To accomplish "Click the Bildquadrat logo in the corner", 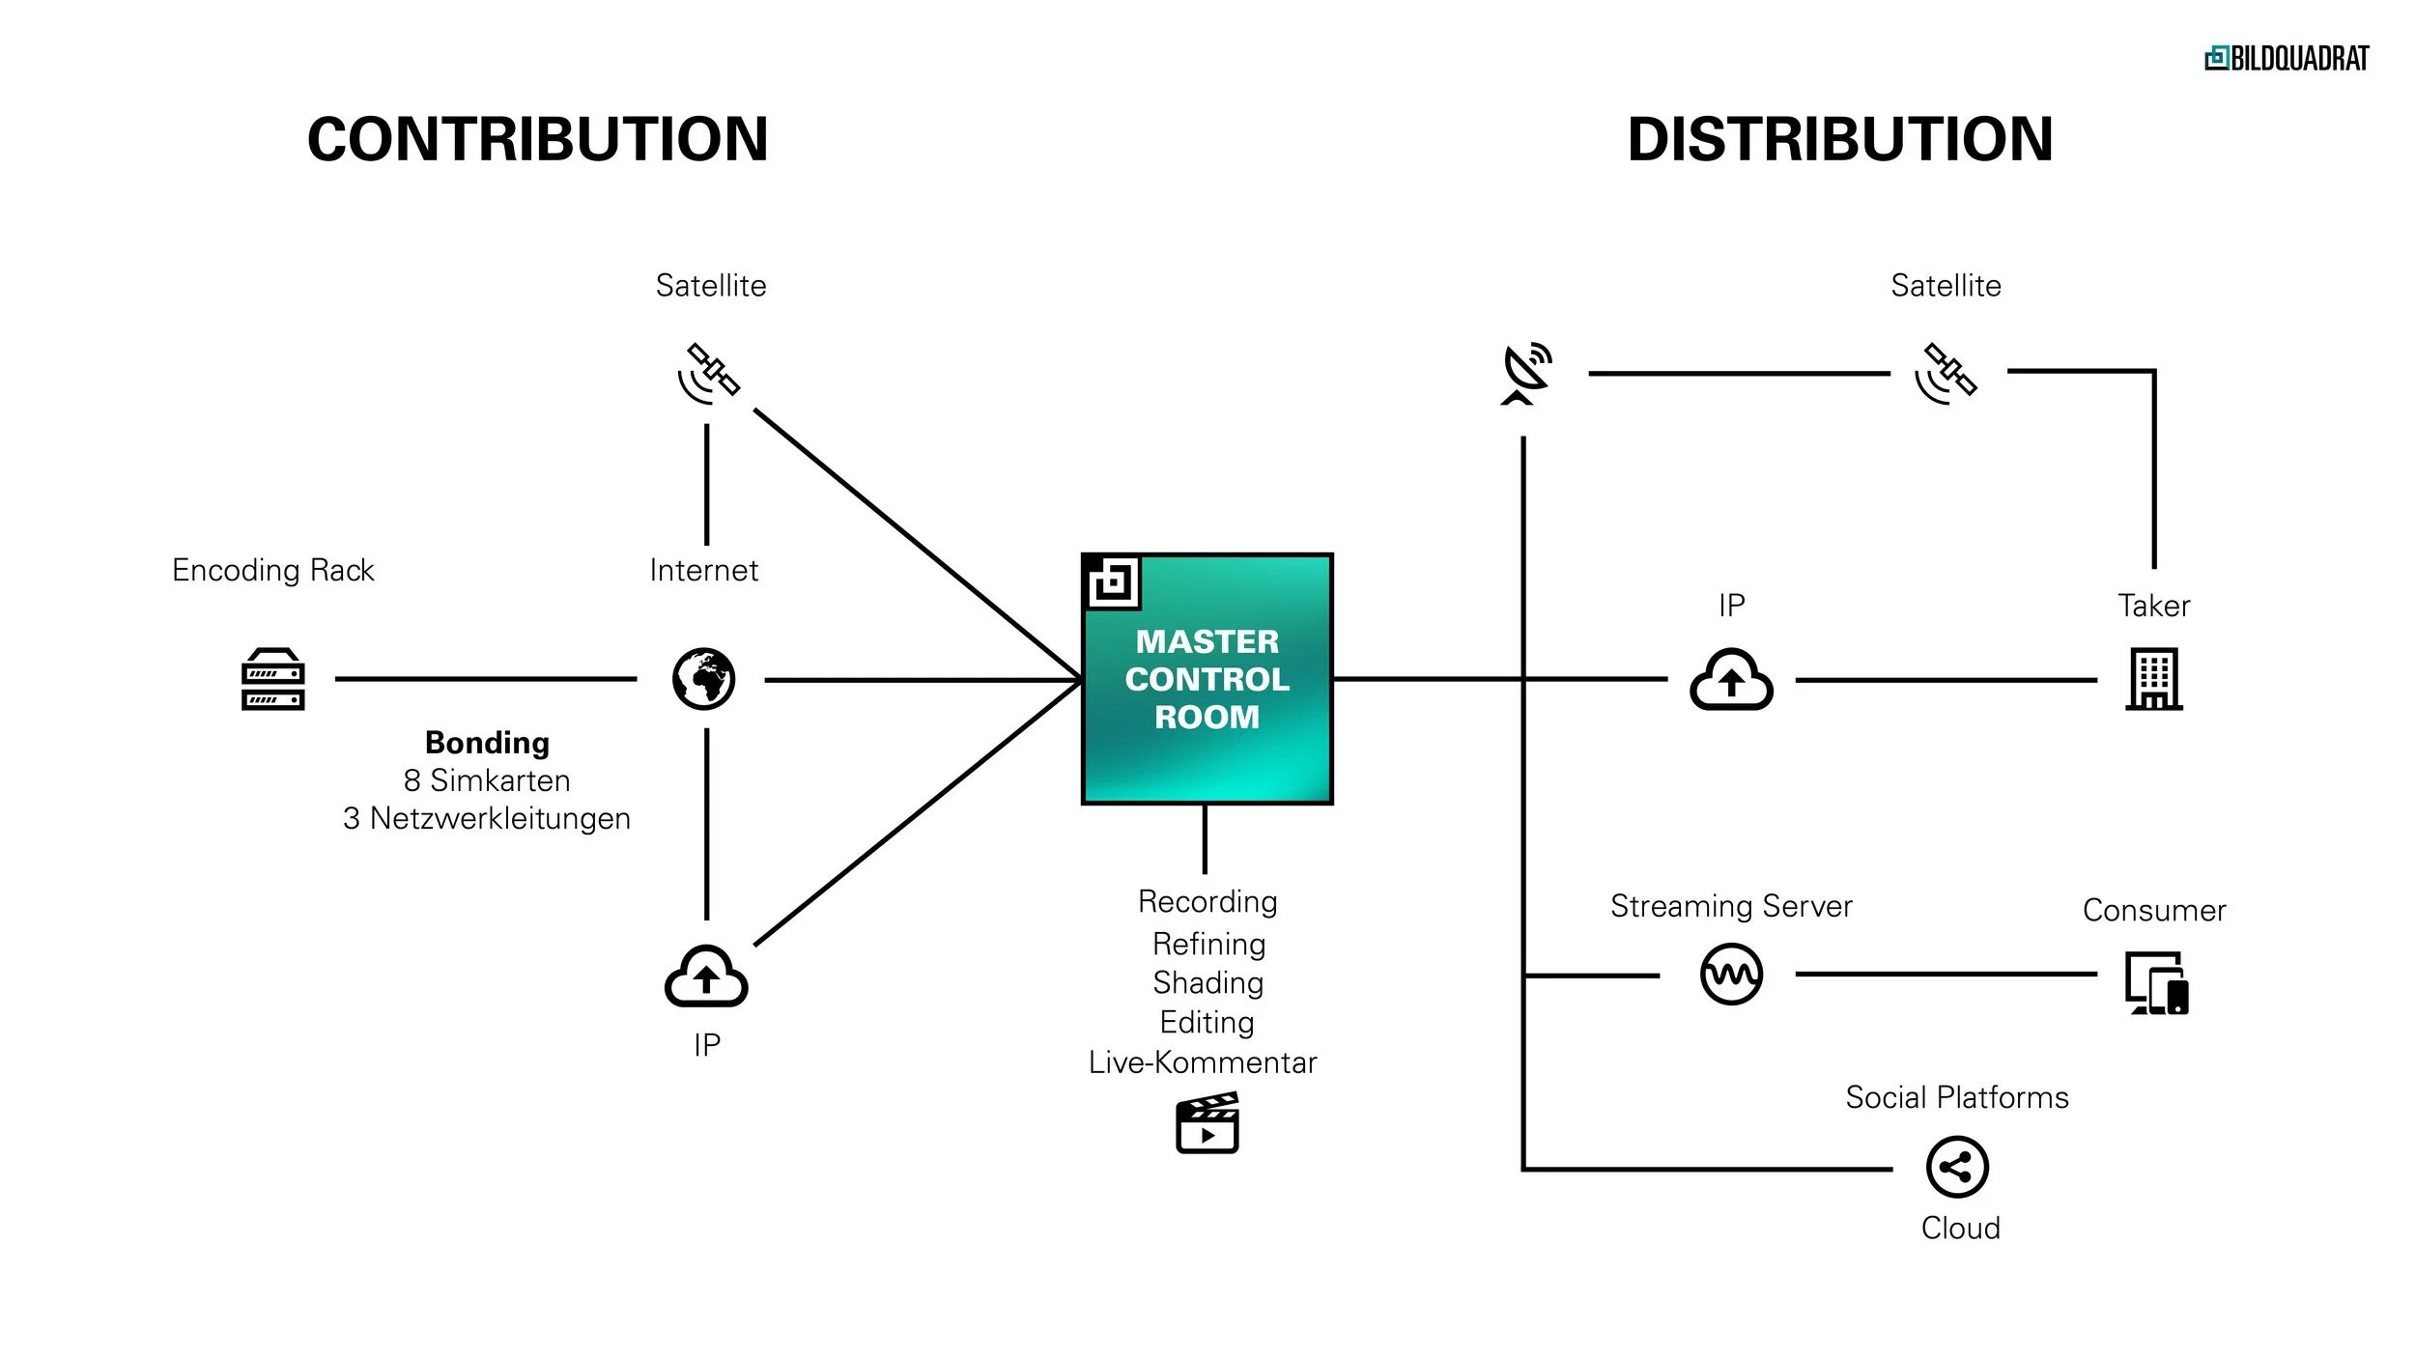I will tap(2286, 59).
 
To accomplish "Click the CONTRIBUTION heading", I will tap(537, 139).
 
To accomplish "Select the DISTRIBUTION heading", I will tap(1839, 139).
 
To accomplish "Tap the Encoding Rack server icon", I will tap(273, 679).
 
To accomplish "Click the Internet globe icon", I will tap(703, 679).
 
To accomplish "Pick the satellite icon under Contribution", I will tap(709, 373).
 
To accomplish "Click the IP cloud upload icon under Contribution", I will tap(706, 976).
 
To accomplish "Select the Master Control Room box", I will tap(1207, 679).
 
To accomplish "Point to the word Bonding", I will tap(487, 742).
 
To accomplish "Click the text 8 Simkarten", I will tap(487, 780).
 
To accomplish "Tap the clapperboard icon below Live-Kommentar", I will tap(1207, 1123).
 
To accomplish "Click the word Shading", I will tap(1207, 983).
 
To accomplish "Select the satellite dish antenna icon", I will tap(1526, 373).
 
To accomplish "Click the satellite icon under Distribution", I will tap(1946, 373).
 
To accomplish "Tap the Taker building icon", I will tap(2153, 679).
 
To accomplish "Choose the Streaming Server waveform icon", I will tap(1731, 974).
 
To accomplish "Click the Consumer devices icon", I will tap(2156, 983).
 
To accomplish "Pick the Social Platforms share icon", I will tap(1957, 1167).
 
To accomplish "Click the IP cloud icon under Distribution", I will tap(1731, 679).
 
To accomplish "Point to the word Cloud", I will tap(1960, 1229).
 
